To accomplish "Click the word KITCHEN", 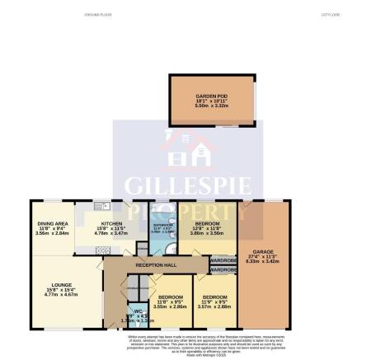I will pyautogui.click(x=111, y=224).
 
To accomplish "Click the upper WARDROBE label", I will pyautogui.click(x=223, y=260).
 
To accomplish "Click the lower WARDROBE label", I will pyautogui.click(x=223, y=270).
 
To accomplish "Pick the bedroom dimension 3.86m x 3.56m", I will pyautogui.click(x=207, y=235).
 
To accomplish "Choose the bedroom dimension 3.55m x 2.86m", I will pyautogui.click(x=170, y=306).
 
